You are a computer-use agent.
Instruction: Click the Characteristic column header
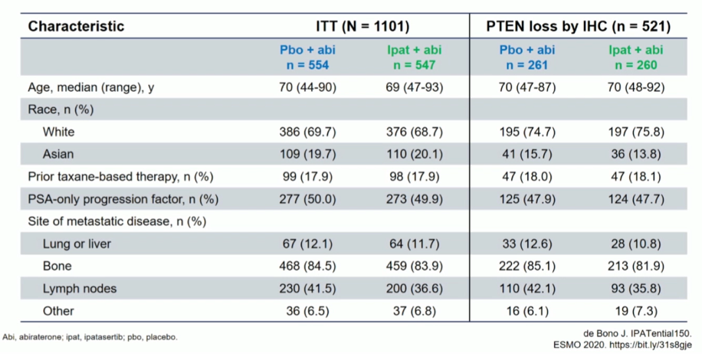coord(76,26)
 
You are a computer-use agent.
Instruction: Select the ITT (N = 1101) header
coord(362,26)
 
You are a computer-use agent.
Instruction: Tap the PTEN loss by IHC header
coord(579,26)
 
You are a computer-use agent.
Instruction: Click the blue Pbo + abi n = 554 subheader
coord(307,57)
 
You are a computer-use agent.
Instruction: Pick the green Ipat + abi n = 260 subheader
coord(636,57)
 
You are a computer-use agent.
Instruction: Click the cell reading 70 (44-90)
coord(307,87)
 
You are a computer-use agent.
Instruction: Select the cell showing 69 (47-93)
coord(415,87)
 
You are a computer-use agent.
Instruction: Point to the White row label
coord(59,132)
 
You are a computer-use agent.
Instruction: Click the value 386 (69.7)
coord(307,132)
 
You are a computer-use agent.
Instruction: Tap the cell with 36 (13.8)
coord(636,154)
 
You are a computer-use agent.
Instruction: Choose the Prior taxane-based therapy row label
coord(120,177)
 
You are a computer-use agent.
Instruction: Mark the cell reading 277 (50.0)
coord(307,199)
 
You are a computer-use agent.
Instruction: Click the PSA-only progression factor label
coord(123,199)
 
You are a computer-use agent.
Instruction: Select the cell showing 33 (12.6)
coord(527,244)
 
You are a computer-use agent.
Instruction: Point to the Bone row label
coord(57,266)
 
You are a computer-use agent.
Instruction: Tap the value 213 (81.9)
coord(636,266)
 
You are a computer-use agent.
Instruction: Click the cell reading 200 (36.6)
coord(415,289)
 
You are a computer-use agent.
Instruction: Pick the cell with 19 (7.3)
coord(636,311)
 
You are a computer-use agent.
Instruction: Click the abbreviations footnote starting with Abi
coord(90,337)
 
